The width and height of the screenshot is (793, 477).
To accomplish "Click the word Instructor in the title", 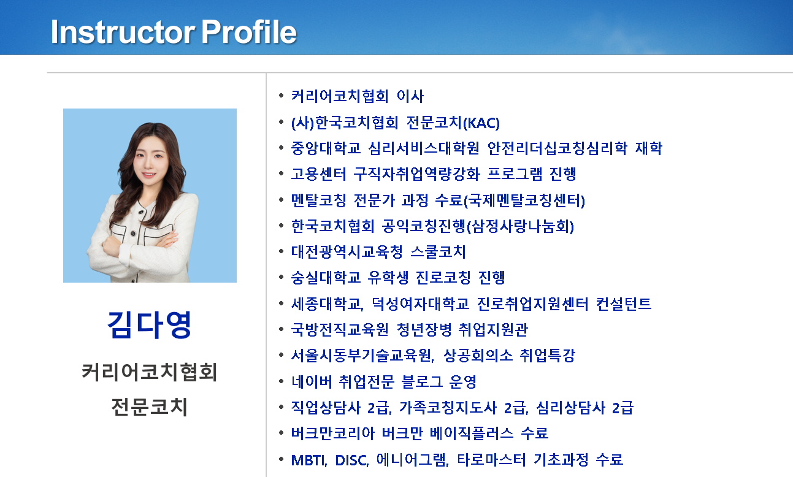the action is [123, 32].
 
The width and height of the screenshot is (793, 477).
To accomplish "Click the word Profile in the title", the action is [249, 32].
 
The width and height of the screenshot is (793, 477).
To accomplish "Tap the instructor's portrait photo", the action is [150, 196].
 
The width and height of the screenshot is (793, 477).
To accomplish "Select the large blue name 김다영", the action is [150, 324].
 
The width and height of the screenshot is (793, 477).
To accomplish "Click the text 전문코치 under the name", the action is [150, 406].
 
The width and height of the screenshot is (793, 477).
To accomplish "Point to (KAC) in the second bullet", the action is [481, 123].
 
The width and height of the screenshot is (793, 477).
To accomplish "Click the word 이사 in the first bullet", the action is [410, 96].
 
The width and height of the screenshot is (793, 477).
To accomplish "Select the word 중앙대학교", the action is [326, 148].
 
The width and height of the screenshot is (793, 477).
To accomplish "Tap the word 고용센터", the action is [318, 174].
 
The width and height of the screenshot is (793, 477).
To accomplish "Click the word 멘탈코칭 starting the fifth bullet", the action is [318, 200].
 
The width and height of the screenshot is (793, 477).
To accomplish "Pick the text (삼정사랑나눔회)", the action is [521, 226].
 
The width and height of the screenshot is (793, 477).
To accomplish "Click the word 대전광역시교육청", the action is [347, 252].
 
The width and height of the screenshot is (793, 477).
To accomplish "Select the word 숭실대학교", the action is [326, 277].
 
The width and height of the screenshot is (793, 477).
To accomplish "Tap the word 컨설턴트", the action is [624, 303].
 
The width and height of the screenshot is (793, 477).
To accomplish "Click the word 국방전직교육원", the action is [340, 329].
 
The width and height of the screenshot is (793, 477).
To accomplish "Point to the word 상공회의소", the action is [478, 355].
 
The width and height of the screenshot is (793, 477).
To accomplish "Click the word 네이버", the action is [312, 381].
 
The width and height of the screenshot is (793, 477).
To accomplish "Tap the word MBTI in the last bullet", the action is [308, 460].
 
